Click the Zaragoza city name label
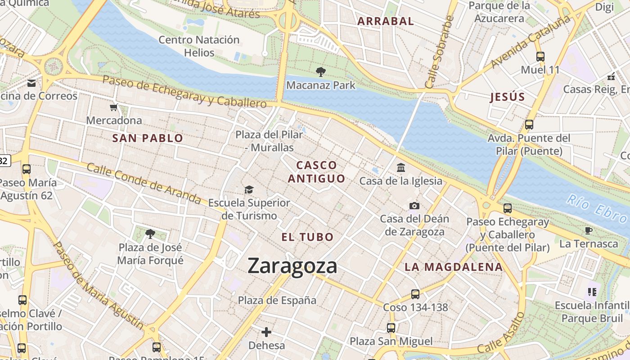click(x=292, y=265)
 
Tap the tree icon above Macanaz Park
click(x=320, y=72)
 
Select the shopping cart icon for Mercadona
click(x=114, y=107)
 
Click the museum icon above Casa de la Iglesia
click(x=400, y=168)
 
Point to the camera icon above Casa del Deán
click(x=414, y=206)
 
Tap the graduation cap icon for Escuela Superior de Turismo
click(x=249, y=189)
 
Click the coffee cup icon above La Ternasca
click(x=588, y=231)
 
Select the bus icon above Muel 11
click(x=540, y=57)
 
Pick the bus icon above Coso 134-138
click(x=415, y=294)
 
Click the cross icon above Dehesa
click(x=266, y=332)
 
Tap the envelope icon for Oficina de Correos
click(x=31, y=83)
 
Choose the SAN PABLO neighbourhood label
click(x=148, y=138)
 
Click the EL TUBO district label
click(x=308, y=237)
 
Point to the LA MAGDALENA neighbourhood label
click(x=453, y=267)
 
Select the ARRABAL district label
click(x=385, y=21)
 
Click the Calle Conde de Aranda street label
click(x=144, y=183)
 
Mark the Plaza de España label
click(x=277, y=300)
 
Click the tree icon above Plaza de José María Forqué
click(x=150, y=234)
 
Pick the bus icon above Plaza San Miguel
click(x=391, y=328)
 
